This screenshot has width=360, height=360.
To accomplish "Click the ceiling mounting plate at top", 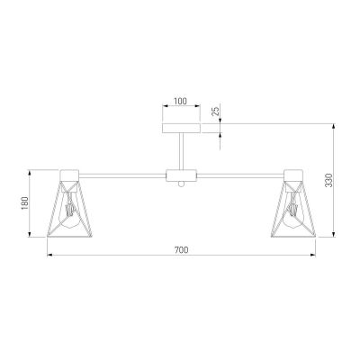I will [180, 130].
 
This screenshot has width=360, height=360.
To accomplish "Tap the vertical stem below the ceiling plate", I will [180, 151].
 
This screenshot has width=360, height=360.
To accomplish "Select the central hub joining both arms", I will [180, 173].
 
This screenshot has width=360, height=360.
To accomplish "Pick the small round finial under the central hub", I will [180, 184].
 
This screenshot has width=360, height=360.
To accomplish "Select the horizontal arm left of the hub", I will [121, 173].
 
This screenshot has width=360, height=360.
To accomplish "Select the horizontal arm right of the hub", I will [238, 173].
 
